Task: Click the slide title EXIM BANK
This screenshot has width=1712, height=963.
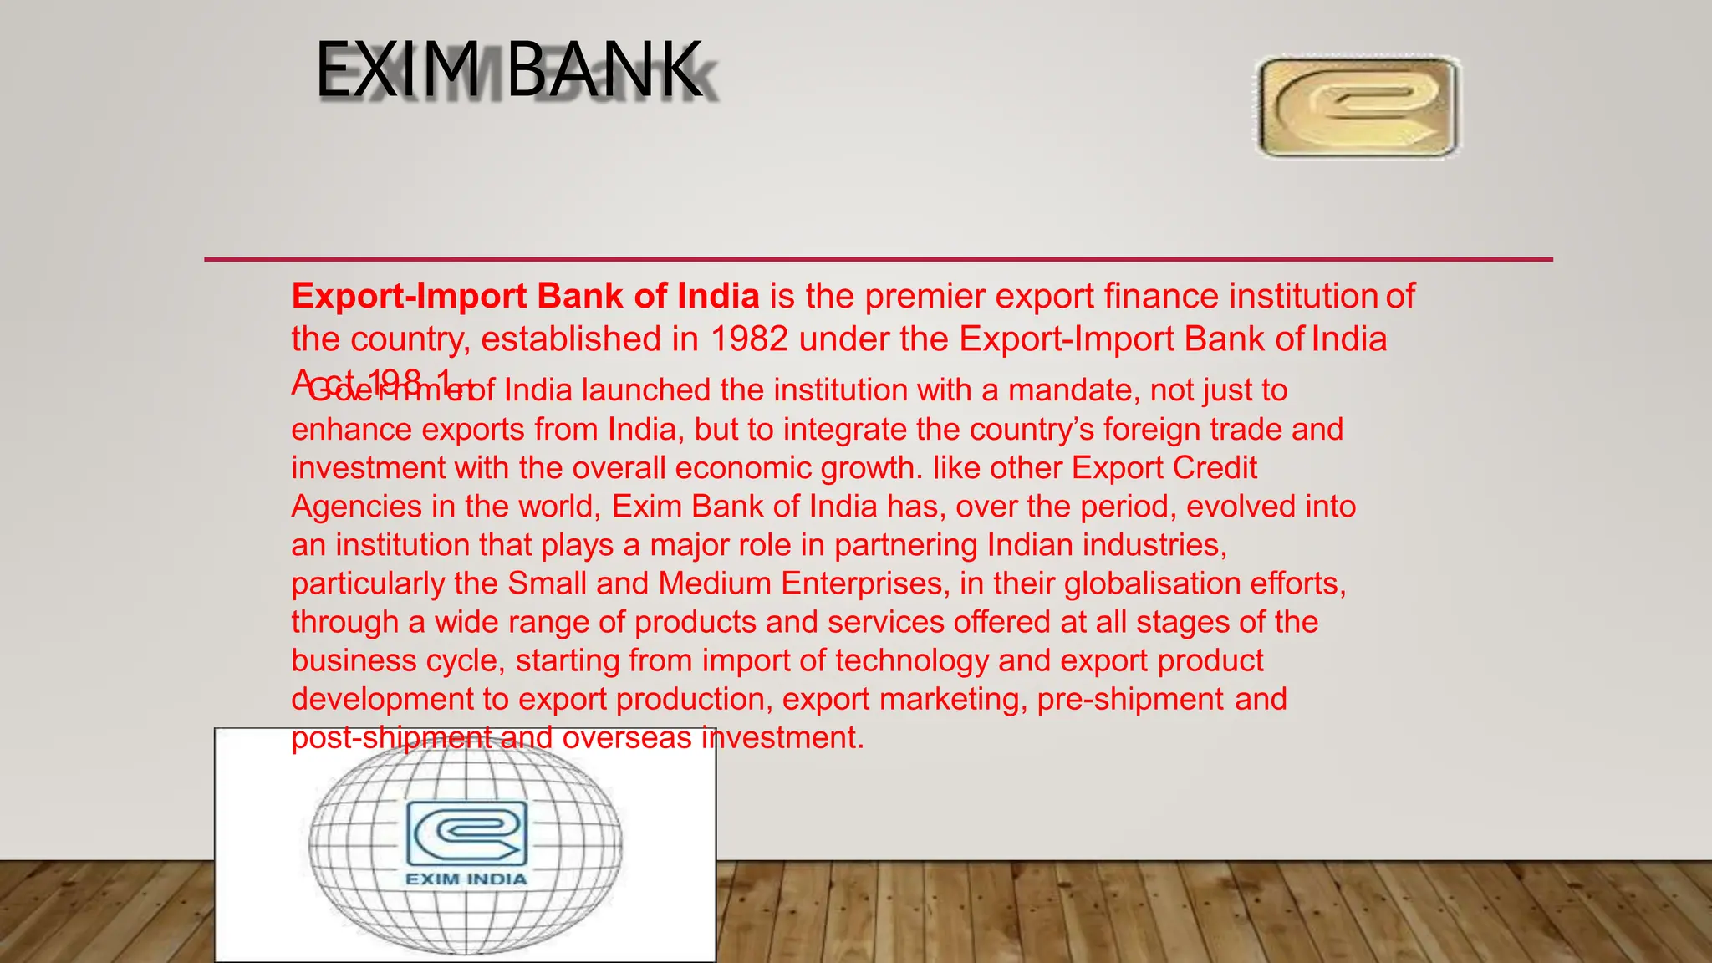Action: coord(508,71)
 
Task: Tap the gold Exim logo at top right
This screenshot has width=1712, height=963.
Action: coord(1358,107)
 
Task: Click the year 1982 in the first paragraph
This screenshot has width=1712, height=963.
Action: coord(749,339)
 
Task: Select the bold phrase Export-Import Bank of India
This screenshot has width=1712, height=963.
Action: coord(525,297)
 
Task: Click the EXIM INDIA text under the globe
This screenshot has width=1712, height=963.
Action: coord(466,879)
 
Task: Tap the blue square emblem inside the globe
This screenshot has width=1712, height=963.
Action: coord(466,833)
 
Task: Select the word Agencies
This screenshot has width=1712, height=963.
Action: coord(356,507)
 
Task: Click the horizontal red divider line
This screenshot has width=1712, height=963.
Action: coord(878,260)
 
